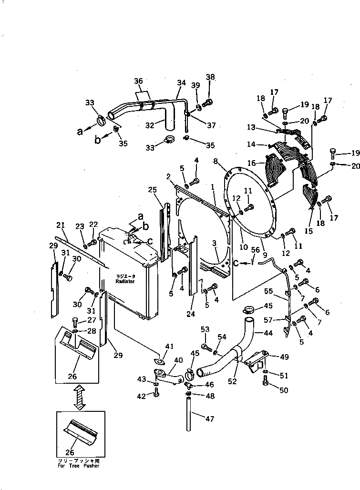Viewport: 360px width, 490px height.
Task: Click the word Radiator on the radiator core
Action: [x=125, y=282]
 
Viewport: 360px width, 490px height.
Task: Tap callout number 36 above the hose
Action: [x=138, y=82]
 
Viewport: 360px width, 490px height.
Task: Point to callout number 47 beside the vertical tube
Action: [x=210, y=419]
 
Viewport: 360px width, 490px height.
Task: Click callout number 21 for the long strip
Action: [x=60, y=225]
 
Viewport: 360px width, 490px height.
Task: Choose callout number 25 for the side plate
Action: [x=152, y=190]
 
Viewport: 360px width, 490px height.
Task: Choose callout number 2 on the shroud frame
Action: [x=169, y=177]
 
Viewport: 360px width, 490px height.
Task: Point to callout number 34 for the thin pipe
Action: [x=181, y=83]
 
